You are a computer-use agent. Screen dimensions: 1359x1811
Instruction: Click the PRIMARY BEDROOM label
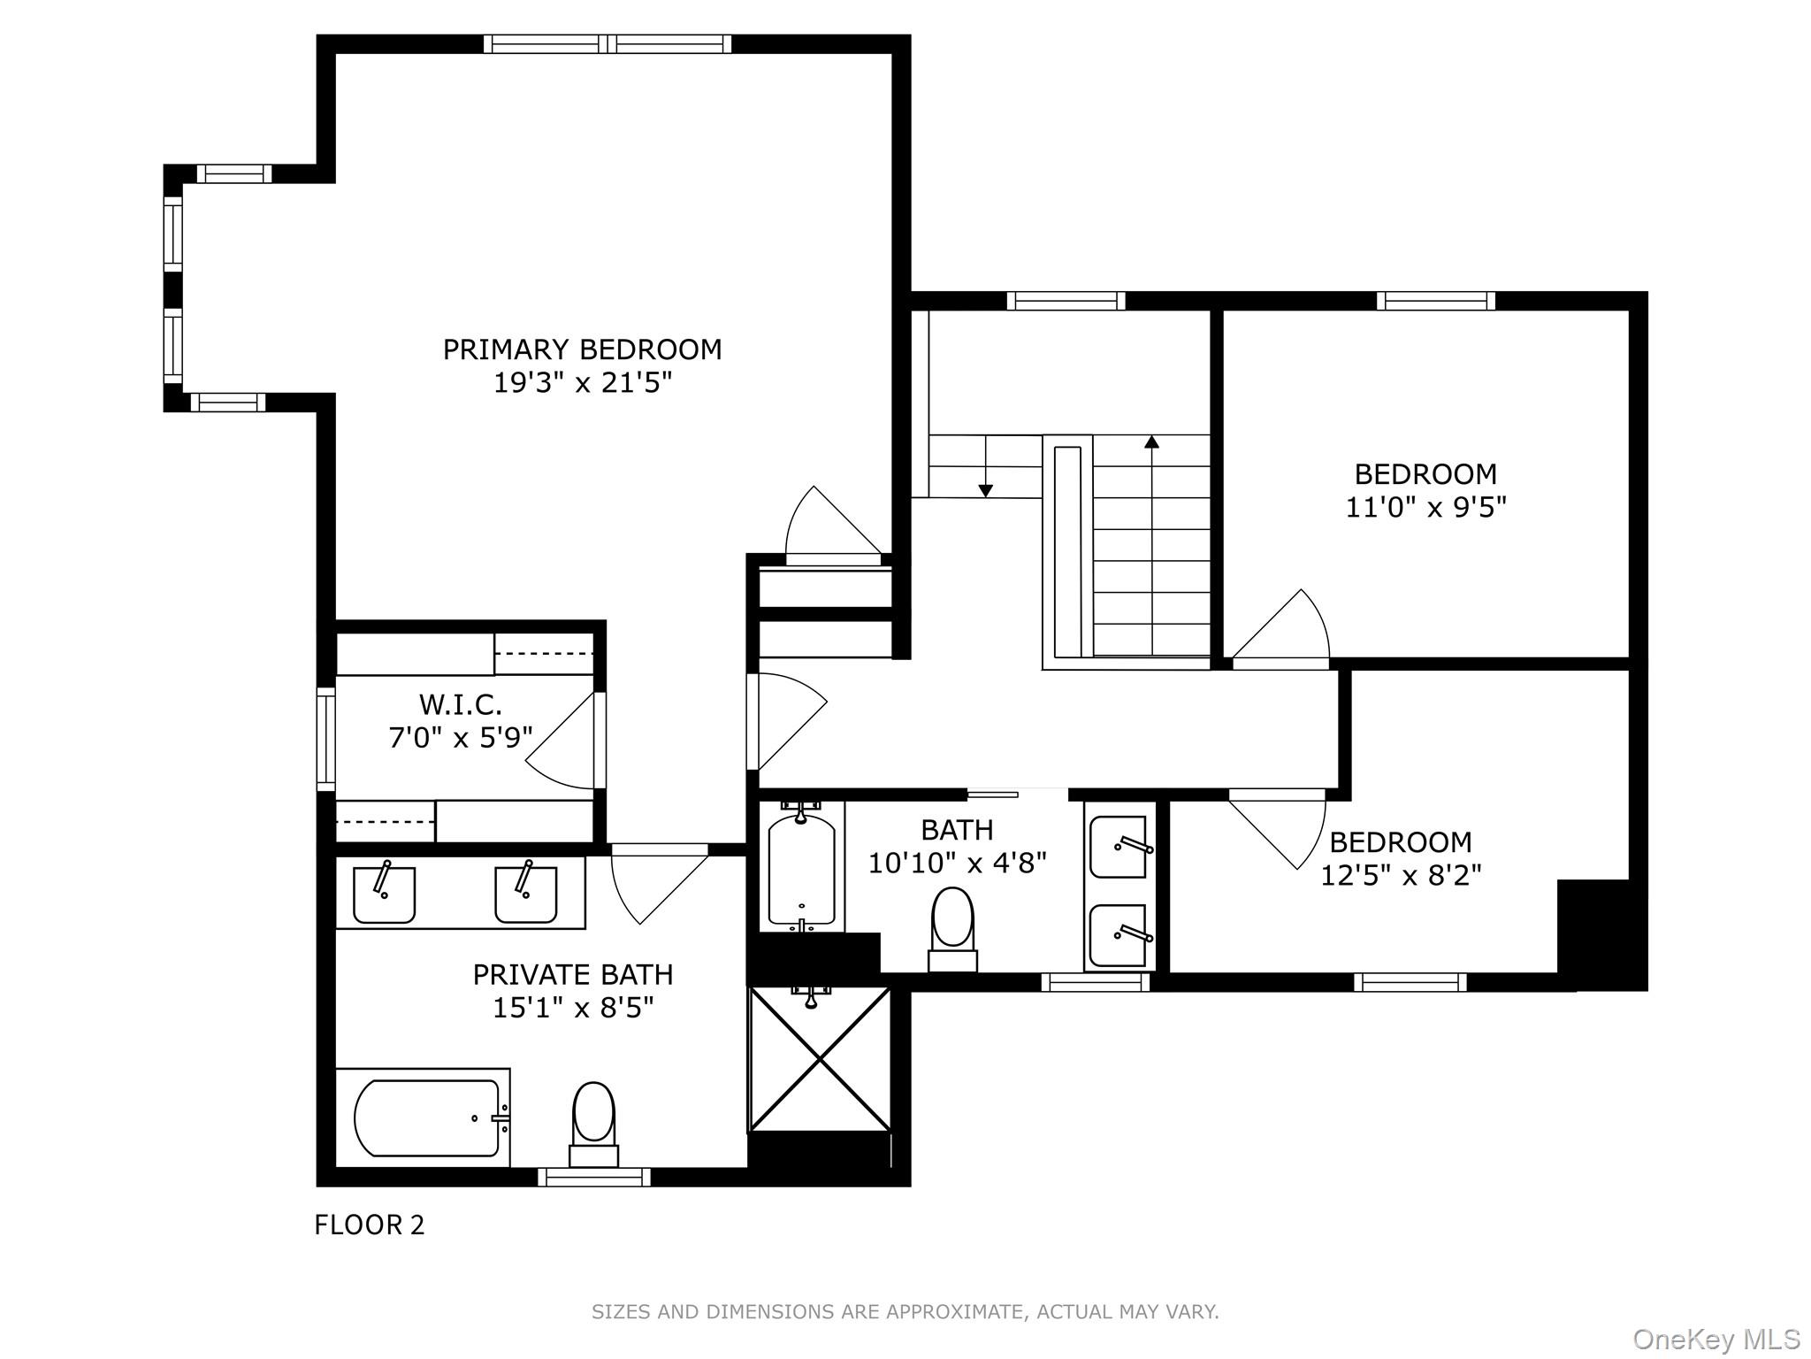click(582, 349)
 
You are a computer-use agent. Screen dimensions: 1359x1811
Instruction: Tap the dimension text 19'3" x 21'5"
click(582, 383)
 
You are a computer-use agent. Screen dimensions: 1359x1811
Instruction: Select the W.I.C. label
click(460, 705)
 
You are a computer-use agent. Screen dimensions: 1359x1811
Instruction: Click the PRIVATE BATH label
click(572, 974)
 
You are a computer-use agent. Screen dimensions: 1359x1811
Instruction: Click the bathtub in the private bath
click(426, 1117)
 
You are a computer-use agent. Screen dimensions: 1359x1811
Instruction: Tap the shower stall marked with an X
click(820, 1059)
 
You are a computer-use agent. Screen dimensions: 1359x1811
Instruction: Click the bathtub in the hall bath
click(801, 871)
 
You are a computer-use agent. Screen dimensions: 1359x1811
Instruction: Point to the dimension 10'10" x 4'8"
click(957, 863)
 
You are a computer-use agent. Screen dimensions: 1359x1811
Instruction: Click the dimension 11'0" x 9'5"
click(1425, 507)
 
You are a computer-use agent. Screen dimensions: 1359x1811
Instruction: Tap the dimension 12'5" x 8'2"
click(1401, 875)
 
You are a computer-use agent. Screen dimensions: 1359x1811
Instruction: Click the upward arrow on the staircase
click(1151, 442)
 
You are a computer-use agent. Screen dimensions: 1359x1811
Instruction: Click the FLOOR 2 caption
click(370, 1225)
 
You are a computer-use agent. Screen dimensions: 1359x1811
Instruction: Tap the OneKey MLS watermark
click(1715, 1340)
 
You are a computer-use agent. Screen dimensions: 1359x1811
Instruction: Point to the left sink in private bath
click(384, 894)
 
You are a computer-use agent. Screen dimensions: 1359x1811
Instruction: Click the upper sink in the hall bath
click(1119, 846)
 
